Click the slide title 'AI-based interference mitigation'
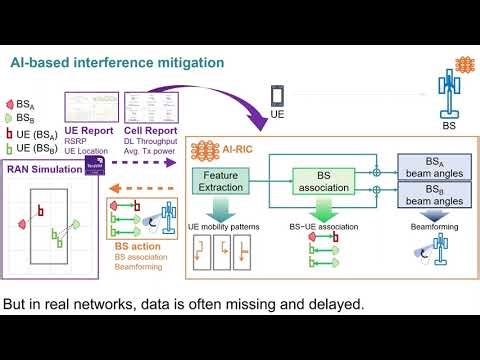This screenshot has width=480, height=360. coord(118,62)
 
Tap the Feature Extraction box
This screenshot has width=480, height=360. coord(219,181)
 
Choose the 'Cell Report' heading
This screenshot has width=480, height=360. coord(149,130)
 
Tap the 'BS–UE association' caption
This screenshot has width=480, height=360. coord(323,228)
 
